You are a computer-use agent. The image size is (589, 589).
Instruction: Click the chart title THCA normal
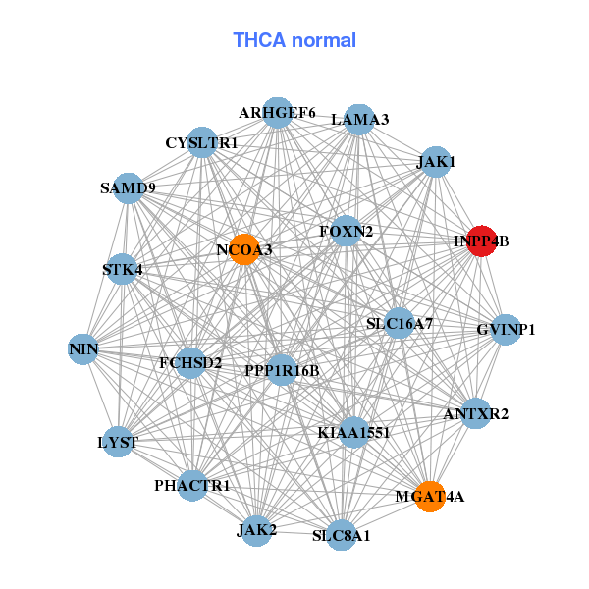[x=294, y=40]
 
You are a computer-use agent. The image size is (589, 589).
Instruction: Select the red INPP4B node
[x=481, y=241]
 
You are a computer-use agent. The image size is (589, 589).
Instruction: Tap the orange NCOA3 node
[x=243, y=249]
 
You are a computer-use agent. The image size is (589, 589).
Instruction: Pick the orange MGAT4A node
[x=428, y=497]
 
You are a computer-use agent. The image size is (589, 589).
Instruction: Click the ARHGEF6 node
[x=278, y=113]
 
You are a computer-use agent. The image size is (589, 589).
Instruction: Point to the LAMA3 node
[x=359, y=120]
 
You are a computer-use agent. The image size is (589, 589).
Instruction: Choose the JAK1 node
[x=434, y=161]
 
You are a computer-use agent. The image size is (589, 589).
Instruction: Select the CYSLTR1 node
[x=201, y=143]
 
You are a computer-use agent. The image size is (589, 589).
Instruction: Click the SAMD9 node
[x=129, y=187]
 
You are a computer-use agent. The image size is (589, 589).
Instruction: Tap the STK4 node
[x=122, y=269]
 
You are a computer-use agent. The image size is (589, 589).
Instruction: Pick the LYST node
[x=118, y=441]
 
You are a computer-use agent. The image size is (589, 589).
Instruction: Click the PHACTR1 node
[x=192, y=485]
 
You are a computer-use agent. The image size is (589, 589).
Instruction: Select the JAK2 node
[x=256, y=530]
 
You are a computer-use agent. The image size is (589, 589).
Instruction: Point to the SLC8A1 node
[x=341, y=535]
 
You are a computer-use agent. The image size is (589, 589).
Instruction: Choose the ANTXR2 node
[x=476, y=414]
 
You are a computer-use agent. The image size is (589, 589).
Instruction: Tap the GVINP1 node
[x=505, y=330]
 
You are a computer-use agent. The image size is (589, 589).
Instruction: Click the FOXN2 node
[x=346, y=232]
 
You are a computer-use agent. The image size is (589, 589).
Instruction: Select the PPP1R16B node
[x=282, y=370]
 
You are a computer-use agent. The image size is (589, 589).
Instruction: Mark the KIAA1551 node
[x=354, y=432]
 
